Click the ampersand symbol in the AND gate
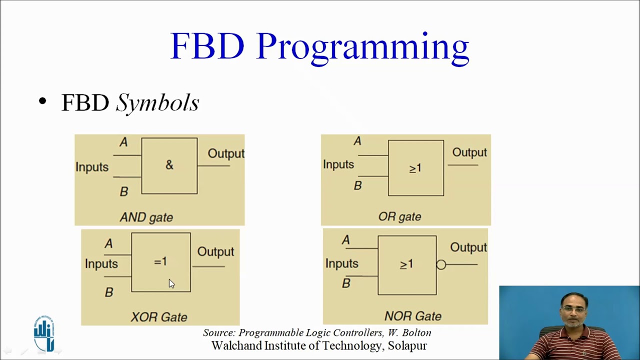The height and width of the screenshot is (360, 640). click(x=169, y=165)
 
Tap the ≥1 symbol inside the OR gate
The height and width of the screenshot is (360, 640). click(x=415, y=168)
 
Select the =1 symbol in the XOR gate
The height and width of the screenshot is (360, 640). click(x=160, y=261)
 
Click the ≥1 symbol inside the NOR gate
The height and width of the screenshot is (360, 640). click(x=406, y=264)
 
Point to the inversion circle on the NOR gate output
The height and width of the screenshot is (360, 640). click(x=441, y=265)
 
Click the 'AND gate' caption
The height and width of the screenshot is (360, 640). click(x=146, y=217)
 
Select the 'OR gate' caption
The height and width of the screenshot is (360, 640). click(x=399, y=216)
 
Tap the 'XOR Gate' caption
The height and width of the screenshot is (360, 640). click(x=159, y=317)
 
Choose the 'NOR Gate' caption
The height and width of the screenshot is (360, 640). click(x=412, y=316)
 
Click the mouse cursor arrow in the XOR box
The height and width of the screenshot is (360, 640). click(x=171, y=283)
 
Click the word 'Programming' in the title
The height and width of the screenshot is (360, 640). click(x=362, y=47)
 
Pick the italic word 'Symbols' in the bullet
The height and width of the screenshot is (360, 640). click(x=157, y=103)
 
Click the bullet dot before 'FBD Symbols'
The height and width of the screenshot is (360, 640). click(x=42, y=102)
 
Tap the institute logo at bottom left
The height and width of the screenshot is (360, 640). click(x=44, y=333)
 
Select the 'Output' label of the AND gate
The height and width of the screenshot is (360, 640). click(x=226, y=153)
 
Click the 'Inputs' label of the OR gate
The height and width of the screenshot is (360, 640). click(x=338, y=164)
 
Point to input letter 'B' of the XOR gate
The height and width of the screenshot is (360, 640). click(x=109, y=292)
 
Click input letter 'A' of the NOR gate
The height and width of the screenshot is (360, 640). click(x=345, y=240)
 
